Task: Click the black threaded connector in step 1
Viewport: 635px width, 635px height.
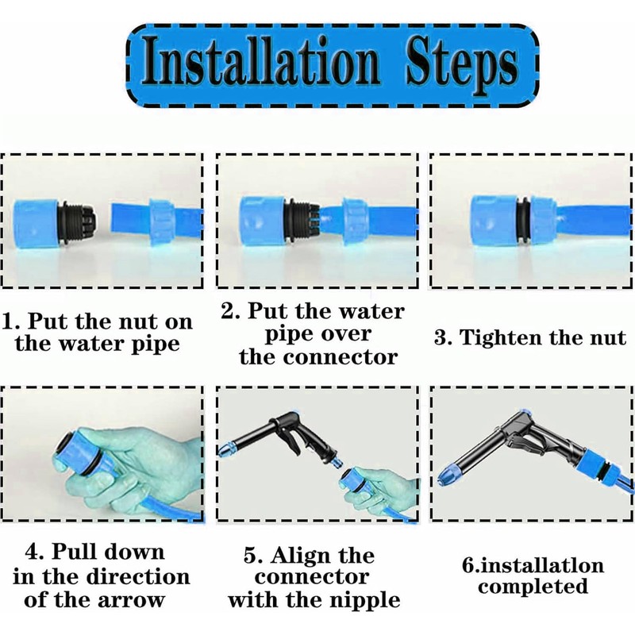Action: [77, 221]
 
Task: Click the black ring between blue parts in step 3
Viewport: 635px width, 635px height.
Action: [523, 222]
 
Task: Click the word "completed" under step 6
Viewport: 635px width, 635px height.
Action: [533, 587]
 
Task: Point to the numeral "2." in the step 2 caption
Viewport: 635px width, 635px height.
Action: [231, 311]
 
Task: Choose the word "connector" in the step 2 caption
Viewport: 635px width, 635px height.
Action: [341, 357]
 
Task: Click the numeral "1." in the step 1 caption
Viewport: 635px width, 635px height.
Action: [11, 322]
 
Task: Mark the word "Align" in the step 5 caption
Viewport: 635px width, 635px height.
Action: [323, 555]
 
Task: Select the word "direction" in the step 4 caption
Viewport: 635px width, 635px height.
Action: [138, 577]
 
